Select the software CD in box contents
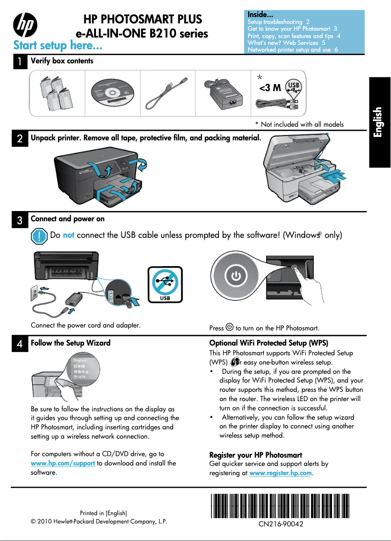pos(113,93)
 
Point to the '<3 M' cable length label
pos(270,88)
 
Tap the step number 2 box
pos(19,138)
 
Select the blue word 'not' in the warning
pos(68,235)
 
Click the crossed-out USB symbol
pos(165,284)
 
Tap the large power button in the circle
pos(236,276)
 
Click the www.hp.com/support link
pos(63,463)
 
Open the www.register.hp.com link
pos(280,473)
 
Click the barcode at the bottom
pos(280,505)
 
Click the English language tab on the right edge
pos(380,122)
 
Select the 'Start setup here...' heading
pos(58,46)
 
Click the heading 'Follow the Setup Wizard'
pos(71,343)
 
